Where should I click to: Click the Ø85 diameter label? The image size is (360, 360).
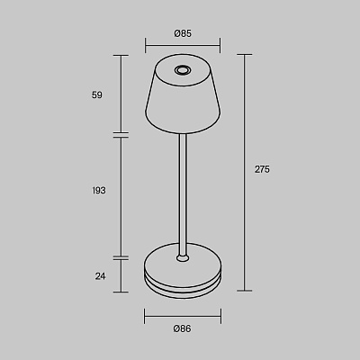183,33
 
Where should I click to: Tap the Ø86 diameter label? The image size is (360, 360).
182,328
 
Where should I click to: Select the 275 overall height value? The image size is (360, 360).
262,169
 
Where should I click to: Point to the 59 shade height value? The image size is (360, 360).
97,95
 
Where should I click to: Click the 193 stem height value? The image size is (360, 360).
99,190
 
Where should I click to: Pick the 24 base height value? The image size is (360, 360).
101,276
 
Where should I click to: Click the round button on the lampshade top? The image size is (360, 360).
182,70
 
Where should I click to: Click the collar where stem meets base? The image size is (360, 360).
183,258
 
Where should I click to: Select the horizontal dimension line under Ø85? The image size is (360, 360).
183,46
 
